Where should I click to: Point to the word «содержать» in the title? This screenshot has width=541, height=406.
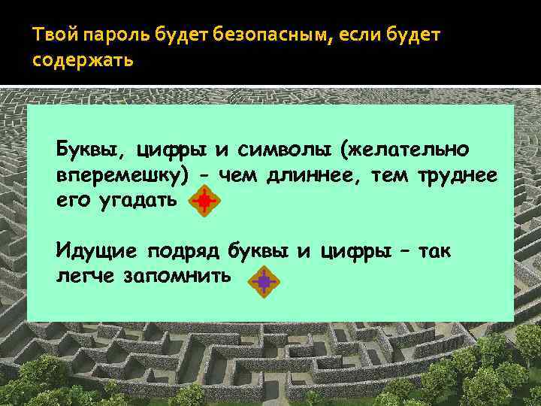point(83,59)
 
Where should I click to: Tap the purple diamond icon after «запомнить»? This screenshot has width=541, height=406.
point(264,282)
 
